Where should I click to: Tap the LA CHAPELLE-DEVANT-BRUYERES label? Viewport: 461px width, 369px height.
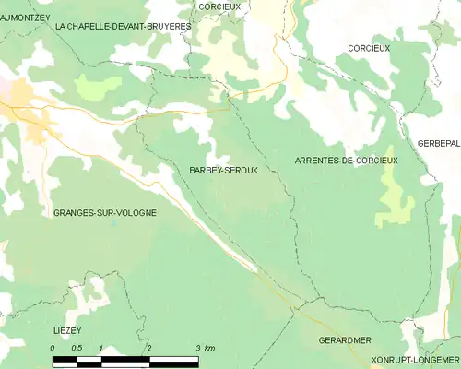[x=123, y=27]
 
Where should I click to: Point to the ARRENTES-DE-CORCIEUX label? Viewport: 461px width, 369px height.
[x=346, y=161]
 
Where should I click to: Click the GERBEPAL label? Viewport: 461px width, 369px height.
[x=439, y=144]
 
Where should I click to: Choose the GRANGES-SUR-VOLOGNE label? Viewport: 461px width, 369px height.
[x=104, y=212]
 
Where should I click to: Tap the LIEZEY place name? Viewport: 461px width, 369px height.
[x=69, y=329]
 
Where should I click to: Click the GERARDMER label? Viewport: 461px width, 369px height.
[x=344, y=340]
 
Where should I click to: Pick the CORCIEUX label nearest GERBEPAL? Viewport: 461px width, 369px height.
[x=369, y=47]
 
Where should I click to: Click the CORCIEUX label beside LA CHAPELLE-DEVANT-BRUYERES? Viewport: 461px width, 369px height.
[x=219, y=6]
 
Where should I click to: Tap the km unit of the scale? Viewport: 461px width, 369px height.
[x=209, y=348]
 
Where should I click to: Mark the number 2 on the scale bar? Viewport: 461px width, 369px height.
[x=149, y=348]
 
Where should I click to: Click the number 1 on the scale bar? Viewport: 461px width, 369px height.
[x=100, y=348]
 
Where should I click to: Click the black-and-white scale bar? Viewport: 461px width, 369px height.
[x=124, y=358]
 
